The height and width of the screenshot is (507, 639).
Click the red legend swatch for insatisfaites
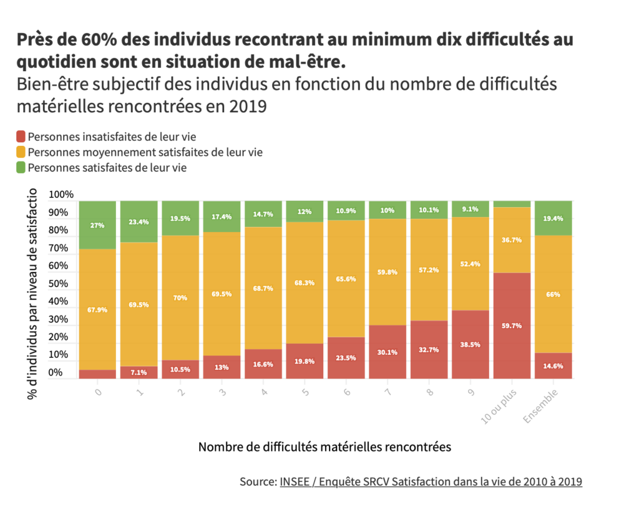[x=21, y=136]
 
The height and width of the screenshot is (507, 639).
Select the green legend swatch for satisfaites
[x=21, y=167]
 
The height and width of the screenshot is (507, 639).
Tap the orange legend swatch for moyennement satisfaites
[x=21, y=152]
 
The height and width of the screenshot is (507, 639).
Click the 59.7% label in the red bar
[x=512, y=326]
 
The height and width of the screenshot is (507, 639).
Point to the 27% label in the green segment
[x=97, y=225]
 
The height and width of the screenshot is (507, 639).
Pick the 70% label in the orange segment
[x=180, y=297]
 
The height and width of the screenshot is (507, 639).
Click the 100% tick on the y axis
[x=61, y=195]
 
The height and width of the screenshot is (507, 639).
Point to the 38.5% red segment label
[x=471, y=344]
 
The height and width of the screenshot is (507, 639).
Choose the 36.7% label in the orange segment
[x=512, y=239]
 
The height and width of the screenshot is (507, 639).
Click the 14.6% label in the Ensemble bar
[x=553, y=366]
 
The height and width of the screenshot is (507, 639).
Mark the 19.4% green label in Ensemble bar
[x=553, y=218]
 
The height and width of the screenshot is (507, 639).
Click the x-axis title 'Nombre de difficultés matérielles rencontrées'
[x=324, y=447]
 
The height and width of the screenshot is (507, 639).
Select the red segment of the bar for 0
[x=97, y=374]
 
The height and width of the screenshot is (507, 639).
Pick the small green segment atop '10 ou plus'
[x=512, y=204]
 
